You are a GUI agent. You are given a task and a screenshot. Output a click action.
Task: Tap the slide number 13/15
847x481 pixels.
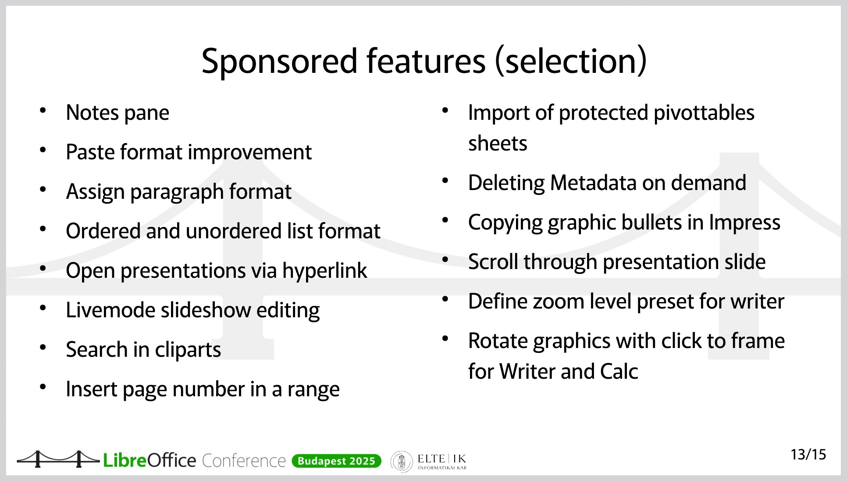[x=808, y=455]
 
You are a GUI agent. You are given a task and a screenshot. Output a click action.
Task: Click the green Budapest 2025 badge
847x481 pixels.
[x=336, y=461]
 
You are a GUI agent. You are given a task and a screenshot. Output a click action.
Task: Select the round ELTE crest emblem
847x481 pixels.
[x=402, y=462]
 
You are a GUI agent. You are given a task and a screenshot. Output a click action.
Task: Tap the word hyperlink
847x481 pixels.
[x=324, y=271]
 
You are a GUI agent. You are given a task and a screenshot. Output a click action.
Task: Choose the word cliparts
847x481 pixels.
[x=188, y=350]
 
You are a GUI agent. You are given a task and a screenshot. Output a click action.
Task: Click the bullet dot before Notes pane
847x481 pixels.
[x=43, y=110]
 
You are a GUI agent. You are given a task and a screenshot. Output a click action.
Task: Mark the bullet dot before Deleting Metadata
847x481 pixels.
[x=445, y=180]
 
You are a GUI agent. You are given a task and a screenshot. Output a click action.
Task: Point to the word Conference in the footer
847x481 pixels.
[x=244, y=461]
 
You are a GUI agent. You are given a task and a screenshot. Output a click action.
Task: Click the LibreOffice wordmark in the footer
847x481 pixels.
[x=149, y=460]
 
